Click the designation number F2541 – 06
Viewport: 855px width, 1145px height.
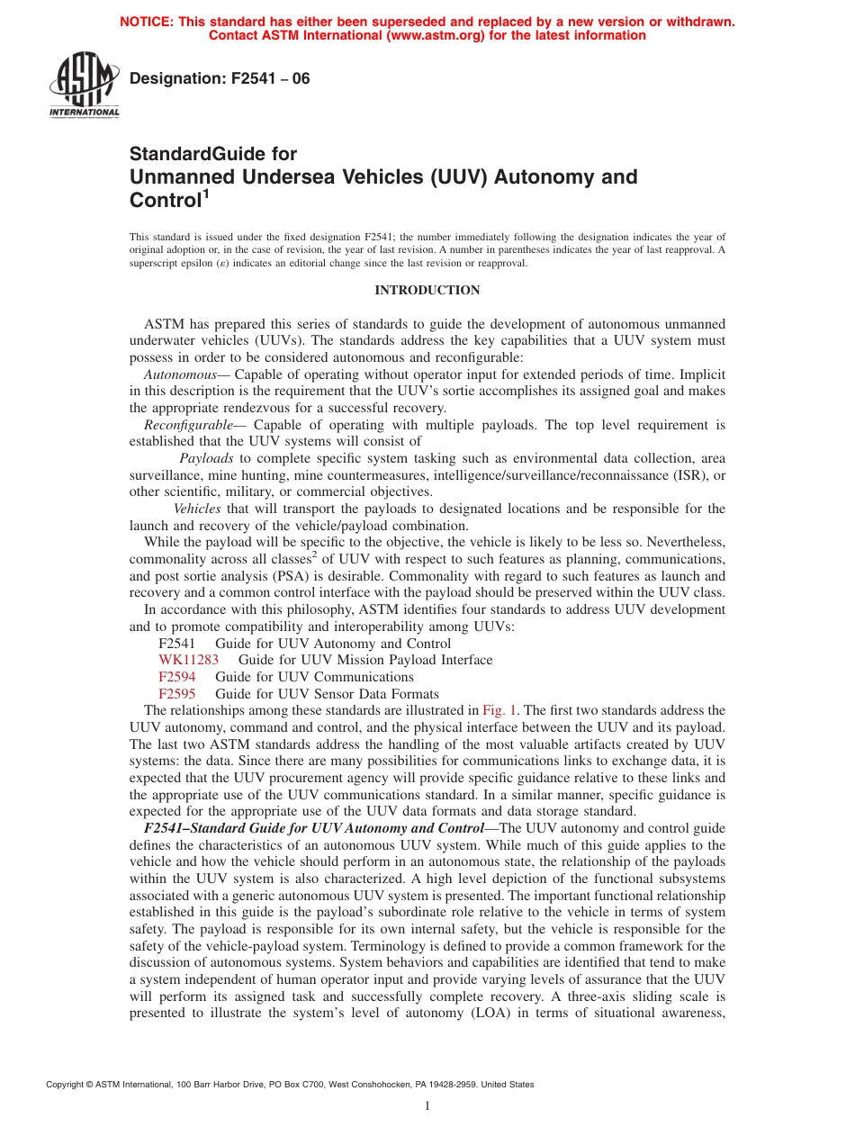220,79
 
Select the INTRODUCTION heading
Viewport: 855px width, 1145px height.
427,291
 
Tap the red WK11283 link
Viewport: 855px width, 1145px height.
188,660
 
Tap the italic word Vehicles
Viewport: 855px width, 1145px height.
197,509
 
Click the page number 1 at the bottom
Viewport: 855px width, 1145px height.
427,1106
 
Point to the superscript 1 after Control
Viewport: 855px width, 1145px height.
206,194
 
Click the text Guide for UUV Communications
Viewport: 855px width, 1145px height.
314,677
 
